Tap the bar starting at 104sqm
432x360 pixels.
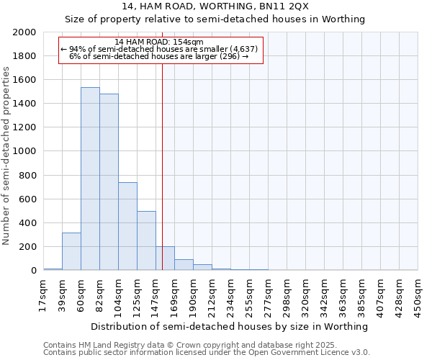tap(127, 226)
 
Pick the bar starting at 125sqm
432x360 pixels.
tap(146, 240)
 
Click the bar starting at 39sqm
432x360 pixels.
tap(71, 251)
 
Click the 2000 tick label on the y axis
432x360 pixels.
tap(24, 32)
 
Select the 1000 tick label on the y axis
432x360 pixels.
tap(24, 152)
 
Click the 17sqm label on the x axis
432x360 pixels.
tap(44, 295)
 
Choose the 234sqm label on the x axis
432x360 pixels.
tap(231, 295)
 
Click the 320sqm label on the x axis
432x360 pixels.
tap(306, 295)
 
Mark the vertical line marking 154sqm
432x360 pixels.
tap(163, 180)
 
